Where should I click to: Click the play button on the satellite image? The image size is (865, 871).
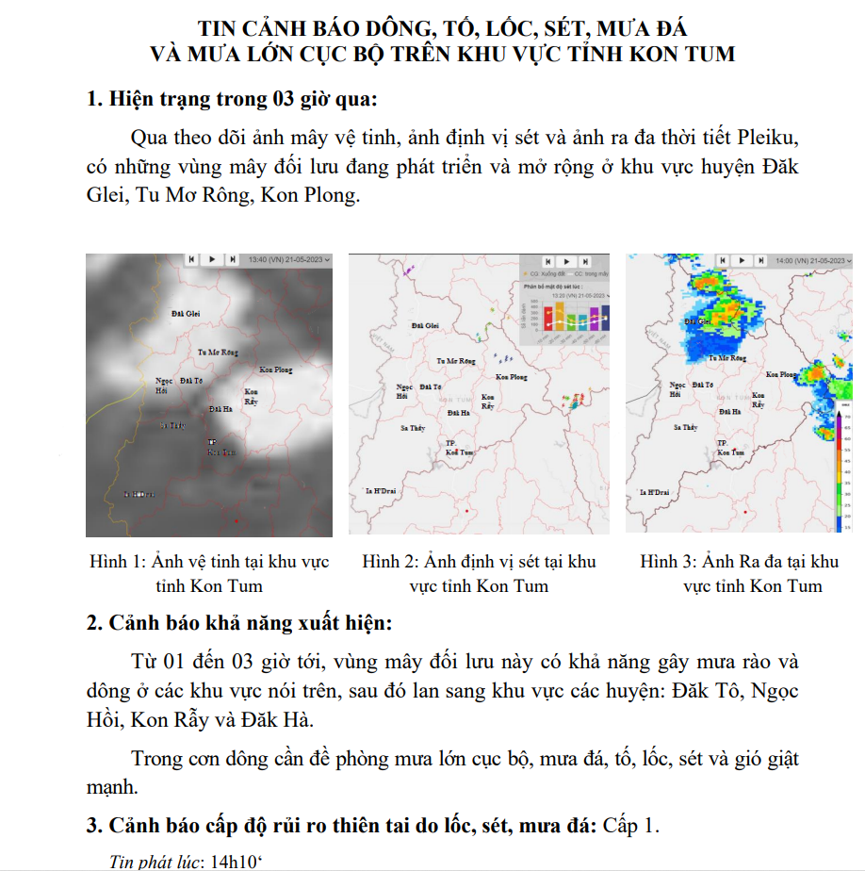(x=212, y=258)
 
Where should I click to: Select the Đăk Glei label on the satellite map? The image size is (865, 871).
(x=186, y=312)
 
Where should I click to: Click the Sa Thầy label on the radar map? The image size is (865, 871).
(x=685, y=428)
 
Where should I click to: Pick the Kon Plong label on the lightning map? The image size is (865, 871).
(x=512, y=377)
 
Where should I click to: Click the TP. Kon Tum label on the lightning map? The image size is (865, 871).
(x=459, y=449)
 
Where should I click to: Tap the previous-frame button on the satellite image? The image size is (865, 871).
(x=192, y=258)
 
